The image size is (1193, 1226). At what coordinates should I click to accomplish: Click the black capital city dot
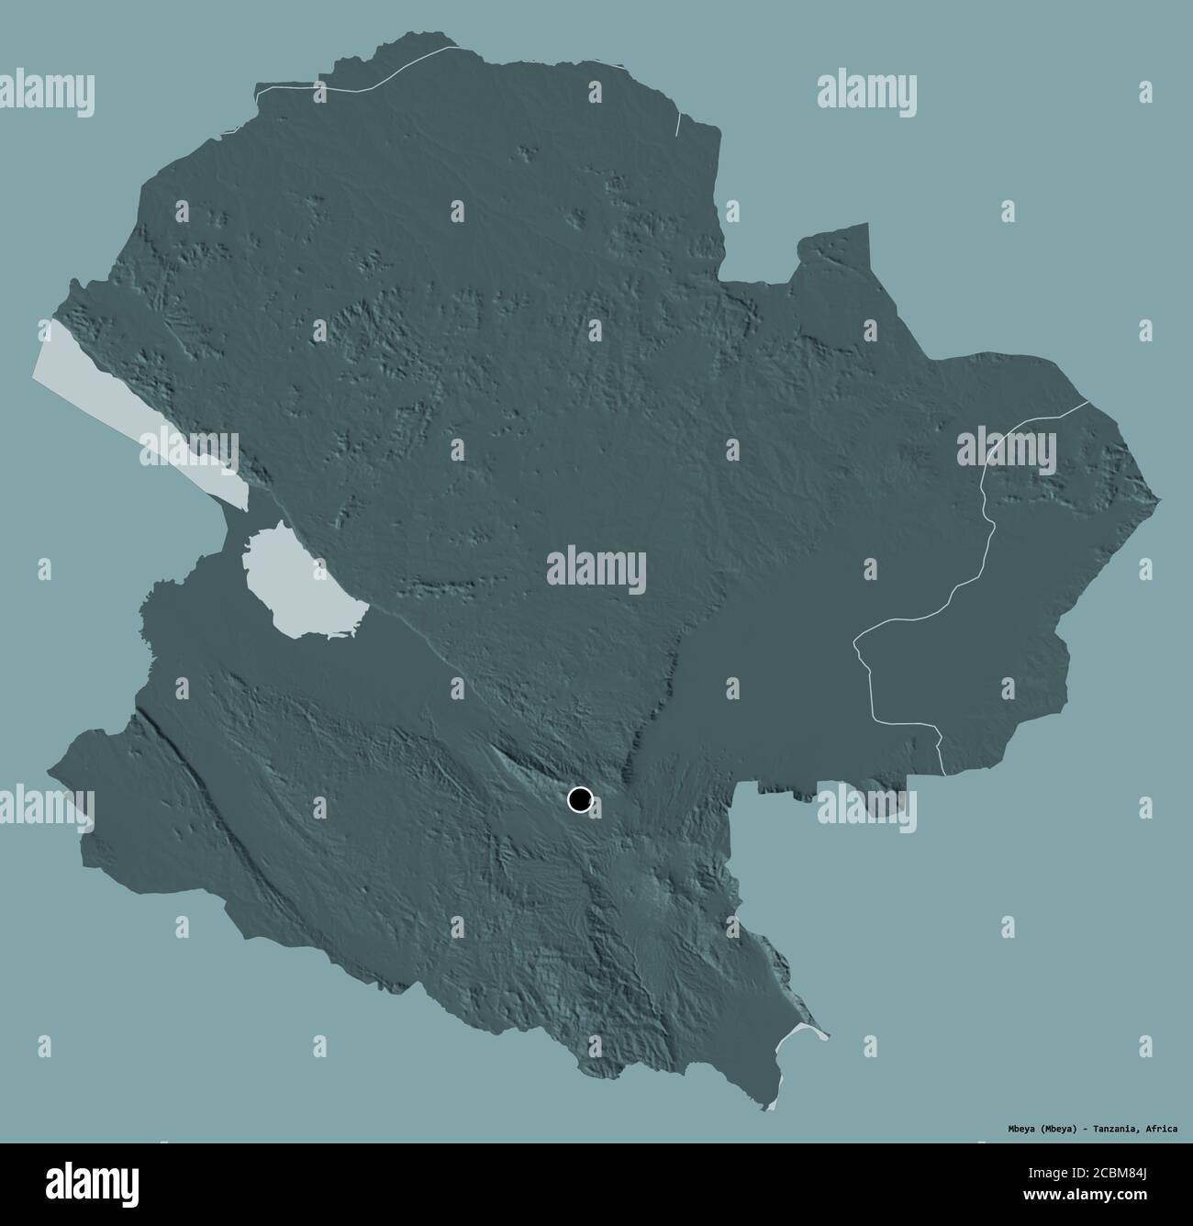(580, 800)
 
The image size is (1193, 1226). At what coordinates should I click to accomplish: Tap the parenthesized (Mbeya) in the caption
(1044, 1128)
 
